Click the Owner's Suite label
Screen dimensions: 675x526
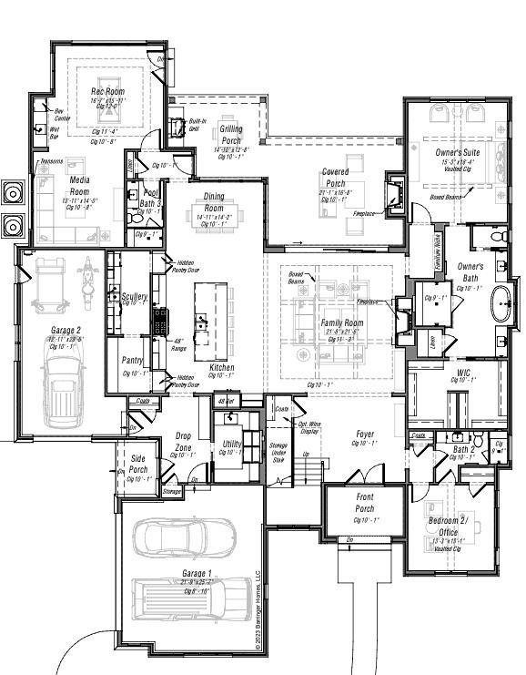tap(459, 154)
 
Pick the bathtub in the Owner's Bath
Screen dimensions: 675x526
tap(502, 304)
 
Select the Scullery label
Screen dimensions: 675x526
tap(134, 297)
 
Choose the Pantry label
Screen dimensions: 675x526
tap(134, 361)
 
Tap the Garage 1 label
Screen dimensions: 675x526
tap(197, 573)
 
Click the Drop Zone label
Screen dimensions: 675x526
tap(185, 442)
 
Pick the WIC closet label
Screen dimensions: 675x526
tap(463, 373)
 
